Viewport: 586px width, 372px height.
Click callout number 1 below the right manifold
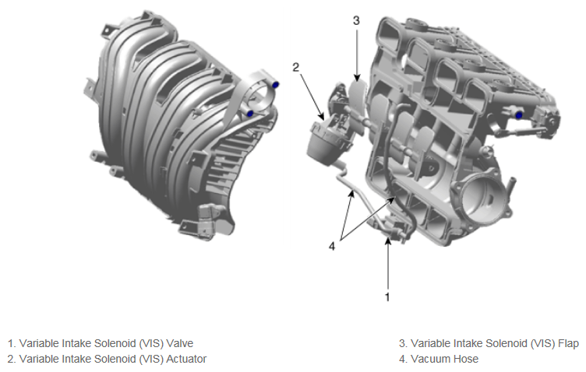click(387, 297)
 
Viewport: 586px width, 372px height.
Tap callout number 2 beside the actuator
click(295, 67)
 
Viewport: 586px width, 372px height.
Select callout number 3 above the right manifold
click(356, 20)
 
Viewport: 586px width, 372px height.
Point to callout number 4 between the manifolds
click(332, 246)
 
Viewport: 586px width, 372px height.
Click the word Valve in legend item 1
click(180, 343)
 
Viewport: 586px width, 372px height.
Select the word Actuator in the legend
click(186, 359)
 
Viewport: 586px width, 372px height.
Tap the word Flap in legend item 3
click(568, 344)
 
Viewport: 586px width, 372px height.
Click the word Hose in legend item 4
click(467, 359)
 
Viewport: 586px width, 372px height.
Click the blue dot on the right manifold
click(519, 116)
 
